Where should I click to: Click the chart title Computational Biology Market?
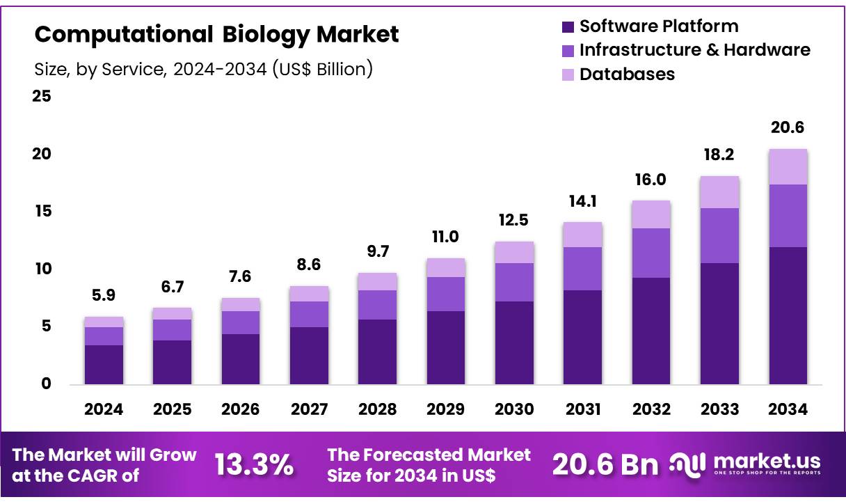pos(216,34)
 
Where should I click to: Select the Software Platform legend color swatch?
pos(568,27)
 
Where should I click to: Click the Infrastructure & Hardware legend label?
pos(694,50)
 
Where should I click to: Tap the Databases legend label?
pos(627,74)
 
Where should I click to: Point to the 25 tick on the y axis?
pos(42,97)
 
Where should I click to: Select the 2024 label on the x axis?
pos(104,410)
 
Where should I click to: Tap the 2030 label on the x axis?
pos(514,410)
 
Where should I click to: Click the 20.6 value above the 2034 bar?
pos(788,128)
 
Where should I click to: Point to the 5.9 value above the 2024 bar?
pos(104,296)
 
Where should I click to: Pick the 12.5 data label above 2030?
pos(514,221)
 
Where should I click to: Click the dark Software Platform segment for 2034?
pos(788,315)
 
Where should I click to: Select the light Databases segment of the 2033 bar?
pos(719,192)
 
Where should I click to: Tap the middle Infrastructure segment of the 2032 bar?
pos(651,253)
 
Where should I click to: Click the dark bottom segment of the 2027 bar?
pos(309,355)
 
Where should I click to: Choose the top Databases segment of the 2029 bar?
pos(446,267)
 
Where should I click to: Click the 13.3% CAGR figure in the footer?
pos(253,465)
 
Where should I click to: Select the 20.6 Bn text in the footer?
pos(605,465)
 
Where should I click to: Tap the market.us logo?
pos(744,464)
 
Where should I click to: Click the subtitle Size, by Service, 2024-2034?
pos(203,70)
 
